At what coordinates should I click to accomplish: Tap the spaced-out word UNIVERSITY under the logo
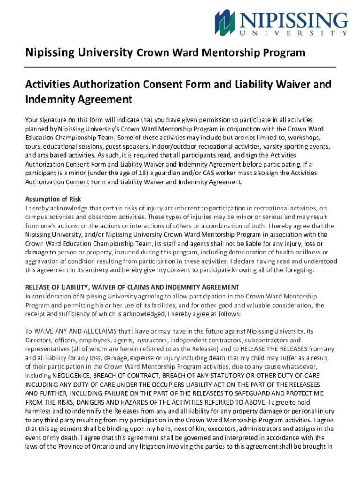tap(294, 34)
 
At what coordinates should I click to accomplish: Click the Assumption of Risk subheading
tap(53, 199)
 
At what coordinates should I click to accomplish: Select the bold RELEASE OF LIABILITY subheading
tap(132, 287)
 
